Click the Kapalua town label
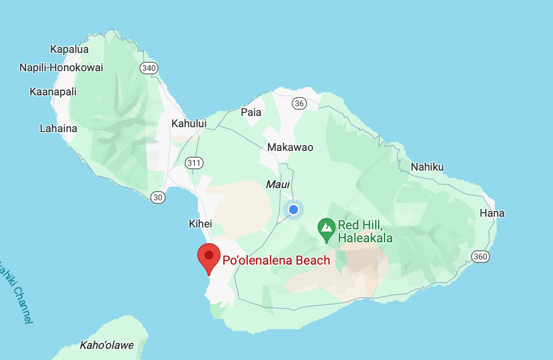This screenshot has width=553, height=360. [x=69, y=49]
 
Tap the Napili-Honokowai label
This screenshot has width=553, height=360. [x=61, y=68]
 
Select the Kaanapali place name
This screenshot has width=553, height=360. [x=53, y=92]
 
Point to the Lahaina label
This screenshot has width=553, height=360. [x=59, y=129]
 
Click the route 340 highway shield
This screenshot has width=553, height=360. [x=149, y=68]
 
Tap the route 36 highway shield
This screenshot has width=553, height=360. [x=299, y=104]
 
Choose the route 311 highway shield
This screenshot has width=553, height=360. [x=194, y=163]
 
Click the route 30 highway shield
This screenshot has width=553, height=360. [x=158, y=197]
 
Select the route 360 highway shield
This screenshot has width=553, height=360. [x=480, y=257]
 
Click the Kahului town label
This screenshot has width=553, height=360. [x=189, y=124]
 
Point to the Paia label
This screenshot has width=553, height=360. [x=251, y=112]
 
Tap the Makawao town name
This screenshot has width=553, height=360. [x=290, y=147]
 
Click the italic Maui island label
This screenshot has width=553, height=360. [x=278, y=184]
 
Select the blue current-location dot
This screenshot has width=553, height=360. [x=294, y=209]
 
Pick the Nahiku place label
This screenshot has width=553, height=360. [x=427, y=167]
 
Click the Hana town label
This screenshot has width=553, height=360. [x=492, y=213]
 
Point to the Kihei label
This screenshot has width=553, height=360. [x=200, y=224]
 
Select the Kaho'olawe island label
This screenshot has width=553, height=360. [x=106, y=345]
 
